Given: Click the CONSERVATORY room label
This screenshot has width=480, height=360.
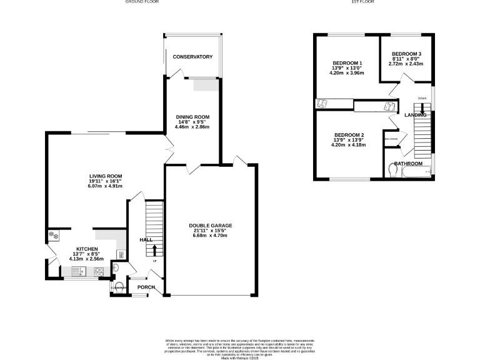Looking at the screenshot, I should point(192,57).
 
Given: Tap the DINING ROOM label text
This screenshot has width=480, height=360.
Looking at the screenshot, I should point(192,117).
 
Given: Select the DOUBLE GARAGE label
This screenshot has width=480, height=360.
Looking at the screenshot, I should point(211,225).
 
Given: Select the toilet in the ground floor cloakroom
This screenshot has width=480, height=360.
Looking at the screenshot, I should point(119,287).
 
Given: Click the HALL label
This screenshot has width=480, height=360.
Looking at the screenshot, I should point(145,239).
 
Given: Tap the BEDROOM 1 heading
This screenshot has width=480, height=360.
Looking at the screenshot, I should point(347,63).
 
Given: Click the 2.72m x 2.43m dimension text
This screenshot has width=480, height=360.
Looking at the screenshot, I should point(406,64).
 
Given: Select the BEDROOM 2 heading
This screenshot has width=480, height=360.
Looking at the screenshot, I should point(349,136).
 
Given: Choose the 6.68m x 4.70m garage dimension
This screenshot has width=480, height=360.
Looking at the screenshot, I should point(211,236).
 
